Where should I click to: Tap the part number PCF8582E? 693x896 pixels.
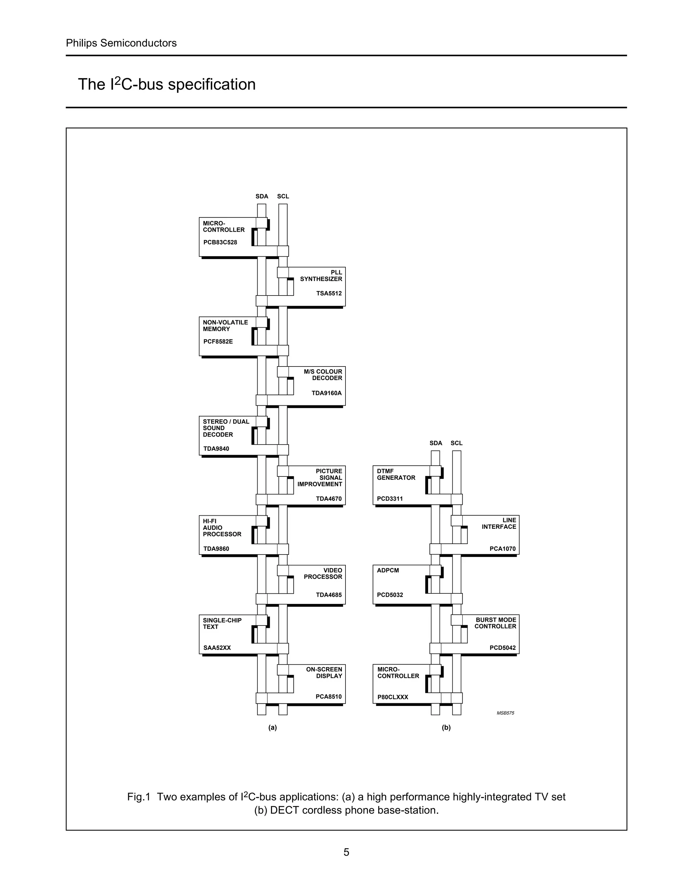(x=218, y=341)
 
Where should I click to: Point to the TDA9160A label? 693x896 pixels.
(x=327, y=393)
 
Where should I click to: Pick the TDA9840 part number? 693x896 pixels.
(x=216, y=449)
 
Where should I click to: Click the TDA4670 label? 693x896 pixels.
(x=329, y=499)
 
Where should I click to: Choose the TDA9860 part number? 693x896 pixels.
(x=216, y=549)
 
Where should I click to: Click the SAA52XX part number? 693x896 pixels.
(x=217, y=648)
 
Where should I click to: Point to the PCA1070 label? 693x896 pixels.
(x=502, y=549)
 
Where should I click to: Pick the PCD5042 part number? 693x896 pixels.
(x=502, y=648)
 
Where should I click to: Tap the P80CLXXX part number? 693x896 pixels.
(x=393, y=697)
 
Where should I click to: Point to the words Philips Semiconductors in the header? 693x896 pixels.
(x=121, y=43)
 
